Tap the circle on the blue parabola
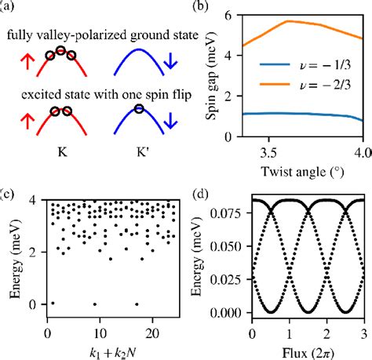pyautogui.click(x=138, y=108)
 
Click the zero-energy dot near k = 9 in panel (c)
pyautogui.click(x=95, y=304)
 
